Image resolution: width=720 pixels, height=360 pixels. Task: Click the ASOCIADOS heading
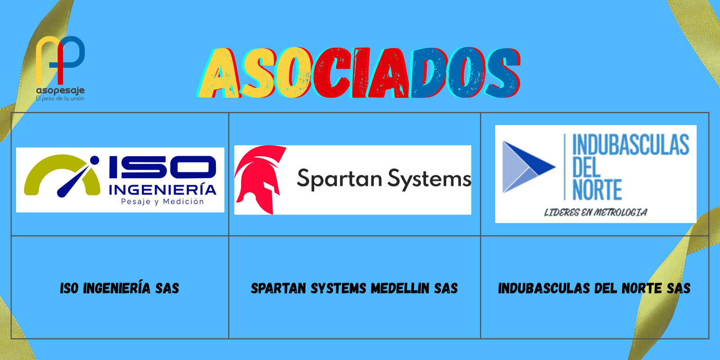click(x=360, y=73)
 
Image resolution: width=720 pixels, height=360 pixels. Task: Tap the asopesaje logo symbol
click(x=60, y=58)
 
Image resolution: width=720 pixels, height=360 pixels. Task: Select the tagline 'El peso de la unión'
click(x=60, y=99)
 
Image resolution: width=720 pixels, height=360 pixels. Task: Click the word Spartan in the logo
click(x=339, y=179)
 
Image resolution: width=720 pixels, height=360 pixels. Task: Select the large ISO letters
click(x=162, y=167)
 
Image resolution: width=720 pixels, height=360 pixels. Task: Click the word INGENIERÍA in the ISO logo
click(x=162, y=189)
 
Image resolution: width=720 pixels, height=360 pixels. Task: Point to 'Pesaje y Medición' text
click(x=162, y=202)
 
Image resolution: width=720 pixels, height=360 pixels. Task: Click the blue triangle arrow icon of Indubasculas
click(x=527, y=166)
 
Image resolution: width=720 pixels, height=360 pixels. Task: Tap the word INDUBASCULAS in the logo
click(x=630, y=145)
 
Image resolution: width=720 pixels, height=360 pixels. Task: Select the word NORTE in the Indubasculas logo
click(x=597, y=190)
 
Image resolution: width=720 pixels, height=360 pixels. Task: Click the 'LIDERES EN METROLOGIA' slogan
click(x=595, y=212)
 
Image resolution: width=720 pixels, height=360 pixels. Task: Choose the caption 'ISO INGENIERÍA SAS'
click(x=120, y=288)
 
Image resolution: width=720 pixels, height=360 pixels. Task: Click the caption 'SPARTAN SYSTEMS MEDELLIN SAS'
click(x=354, y=288)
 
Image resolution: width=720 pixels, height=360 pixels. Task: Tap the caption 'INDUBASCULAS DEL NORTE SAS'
click(x=594, y=288)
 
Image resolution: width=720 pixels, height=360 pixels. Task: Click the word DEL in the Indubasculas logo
click(x=586, y=167)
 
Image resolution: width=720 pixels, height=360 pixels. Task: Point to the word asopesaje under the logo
click(x=60, y=90)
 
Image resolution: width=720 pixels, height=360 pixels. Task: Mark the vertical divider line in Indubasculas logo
click(x=565, y=166)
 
